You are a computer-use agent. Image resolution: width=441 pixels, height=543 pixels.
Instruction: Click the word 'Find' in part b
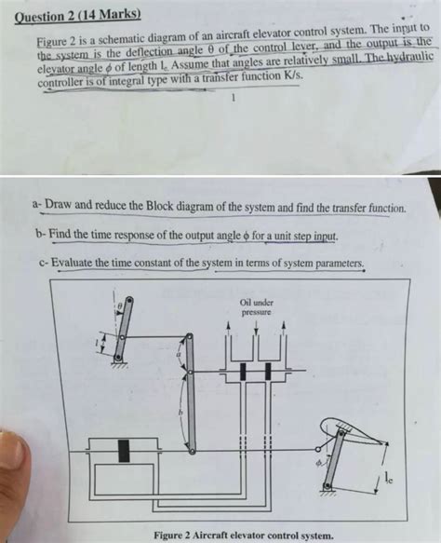(x=63, y=235)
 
